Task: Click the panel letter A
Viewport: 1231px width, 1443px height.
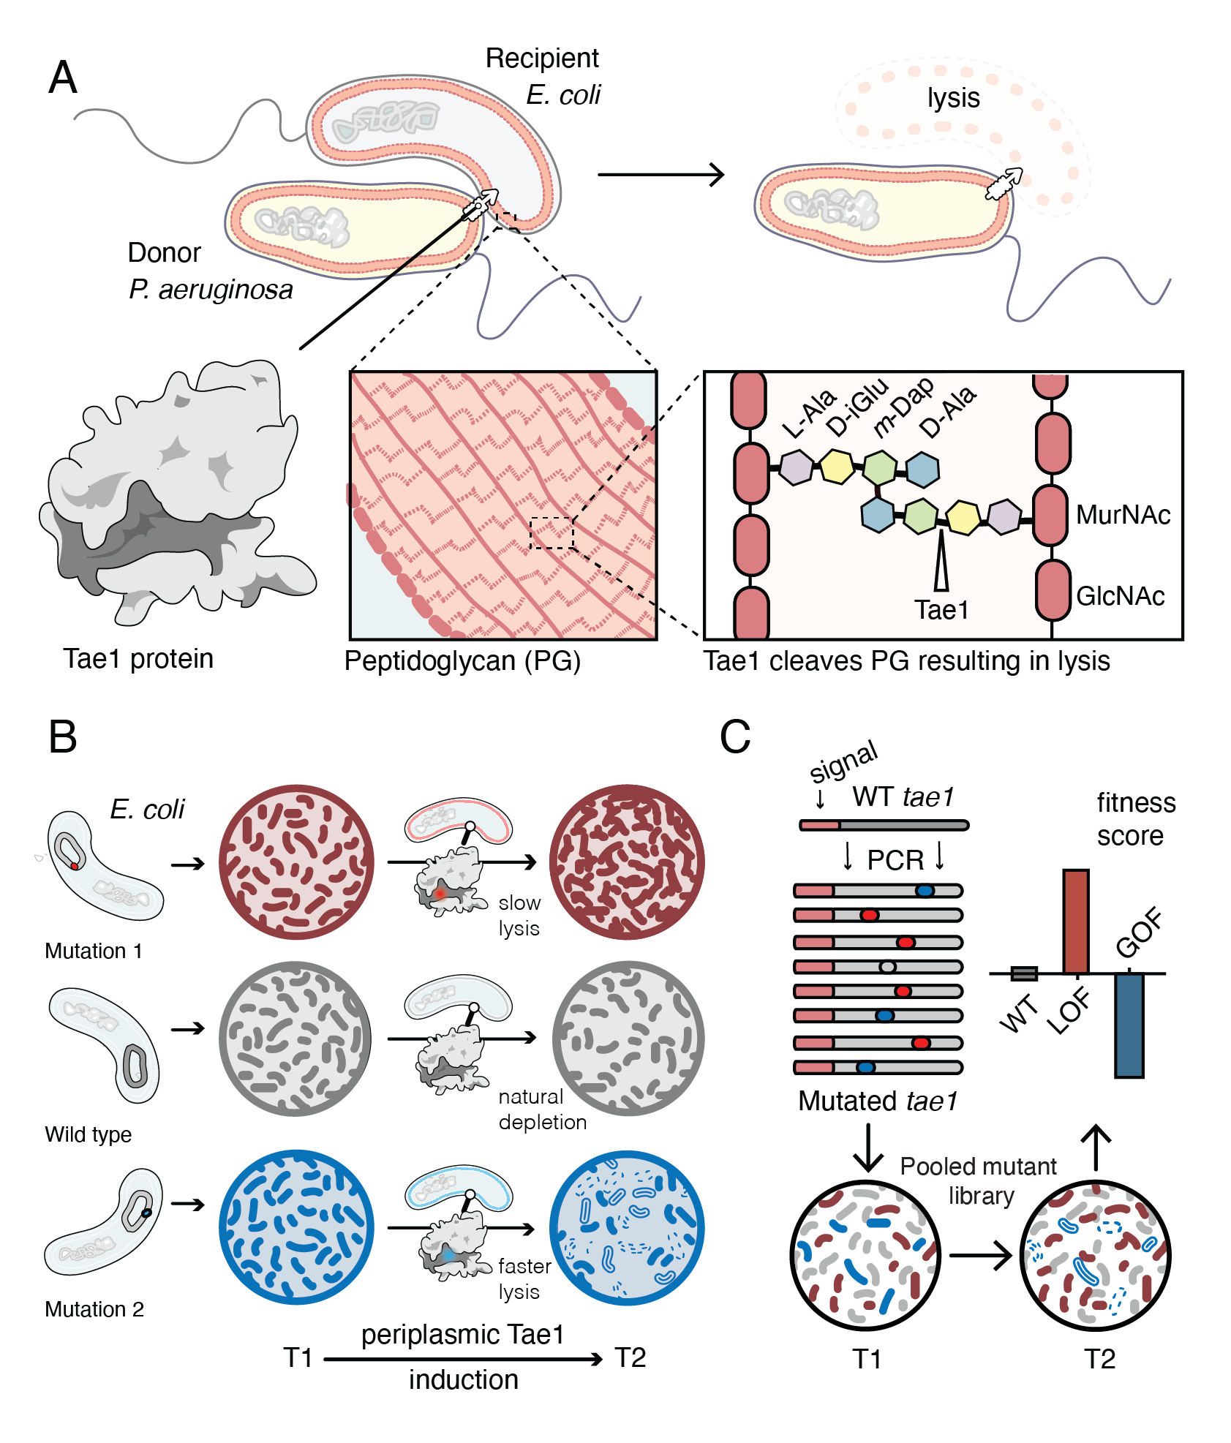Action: point(63,78)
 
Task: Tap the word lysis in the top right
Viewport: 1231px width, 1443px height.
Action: point(953,98)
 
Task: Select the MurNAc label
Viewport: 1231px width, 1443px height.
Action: point(1123,515)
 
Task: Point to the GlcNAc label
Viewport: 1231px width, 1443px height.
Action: point(1120,596)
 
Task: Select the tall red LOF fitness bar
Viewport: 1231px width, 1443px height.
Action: point(1075,922)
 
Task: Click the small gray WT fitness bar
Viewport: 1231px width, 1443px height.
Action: point(1023,973)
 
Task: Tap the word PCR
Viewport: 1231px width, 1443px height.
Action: point(895,860)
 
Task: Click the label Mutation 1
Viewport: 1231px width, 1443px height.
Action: point(93,951)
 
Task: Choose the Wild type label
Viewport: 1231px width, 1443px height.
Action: point(88,1134)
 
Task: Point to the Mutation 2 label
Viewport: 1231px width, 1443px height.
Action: point(94,1309)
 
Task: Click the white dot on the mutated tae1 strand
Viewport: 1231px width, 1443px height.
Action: point(887,967)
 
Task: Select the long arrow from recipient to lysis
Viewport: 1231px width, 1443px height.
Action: point(660,175)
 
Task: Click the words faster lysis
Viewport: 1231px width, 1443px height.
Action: point(524,1278)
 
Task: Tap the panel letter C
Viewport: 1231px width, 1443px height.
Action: point(735,736)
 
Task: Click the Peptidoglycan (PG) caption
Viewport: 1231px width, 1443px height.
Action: point(462,661)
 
